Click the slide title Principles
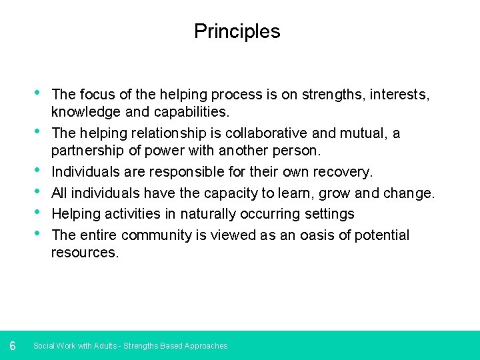pyautogui.click(x=237, y=31)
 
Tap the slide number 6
pyautogui.click(x=13, y=345)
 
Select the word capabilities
pyautogui.click(x=194, y=112)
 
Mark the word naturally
pyautogui.click(x=207, y=214)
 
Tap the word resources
pyautogui.click(x=85, y=253)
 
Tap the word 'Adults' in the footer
pyautogui.click(x=105, y=346)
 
